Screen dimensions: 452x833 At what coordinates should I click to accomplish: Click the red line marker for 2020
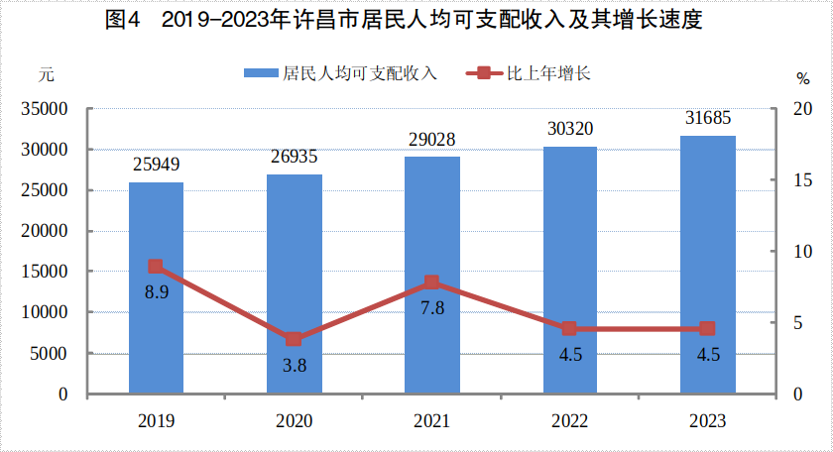coord(294,339)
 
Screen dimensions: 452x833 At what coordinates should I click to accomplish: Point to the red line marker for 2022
coord(569,328)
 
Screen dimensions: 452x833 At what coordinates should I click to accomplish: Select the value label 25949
coord(156,165)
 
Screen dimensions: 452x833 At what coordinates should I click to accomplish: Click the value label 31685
coord(708,118)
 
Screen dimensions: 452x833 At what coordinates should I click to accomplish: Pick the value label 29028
coord(432,140)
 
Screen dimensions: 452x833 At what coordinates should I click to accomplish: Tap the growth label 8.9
coord(156,293)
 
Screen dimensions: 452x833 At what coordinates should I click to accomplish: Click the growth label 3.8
coord(294,366)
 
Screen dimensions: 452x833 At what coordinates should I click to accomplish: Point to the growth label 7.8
coord(432,308)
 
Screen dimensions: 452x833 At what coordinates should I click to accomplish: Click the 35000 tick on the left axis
coord(46,109)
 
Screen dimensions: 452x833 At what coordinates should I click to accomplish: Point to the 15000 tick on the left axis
coord(46,272)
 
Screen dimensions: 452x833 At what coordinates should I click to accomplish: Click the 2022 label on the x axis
coord(569,420)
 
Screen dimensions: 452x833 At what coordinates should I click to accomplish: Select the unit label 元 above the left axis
coord(46,74)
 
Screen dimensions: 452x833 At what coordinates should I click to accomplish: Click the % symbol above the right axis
coord(802,78)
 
